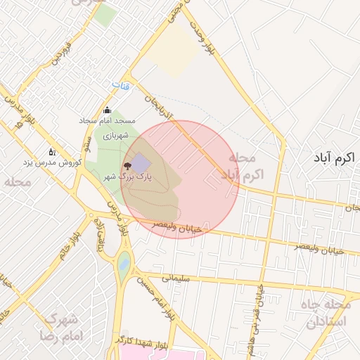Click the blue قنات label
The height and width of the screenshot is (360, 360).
click(x=120, y=85)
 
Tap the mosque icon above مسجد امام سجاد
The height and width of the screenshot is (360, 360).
click(x=108, y=110)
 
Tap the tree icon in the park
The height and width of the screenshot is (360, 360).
click(x=127, y=166)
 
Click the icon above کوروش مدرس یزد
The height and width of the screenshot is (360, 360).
click(x=51, y=151)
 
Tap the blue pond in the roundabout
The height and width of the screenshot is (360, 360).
click(x=124, y=265)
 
